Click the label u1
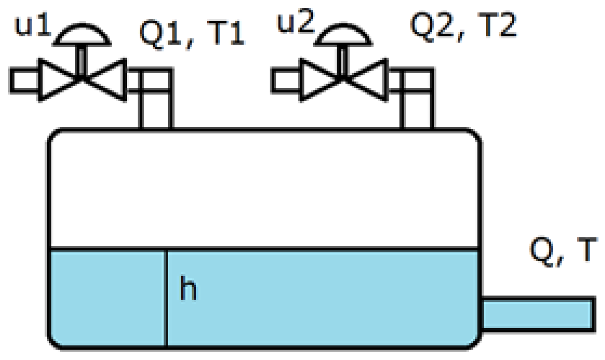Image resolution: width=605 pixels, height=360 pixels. pyautogui.click(x=33, y=27)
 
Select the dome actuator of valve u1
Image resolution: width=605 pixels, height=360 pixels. pyautogui.click(x=82, y=34)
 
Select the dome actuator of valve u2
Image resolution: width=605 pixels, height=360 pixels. pyautogui.click(x=344, y=34)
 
